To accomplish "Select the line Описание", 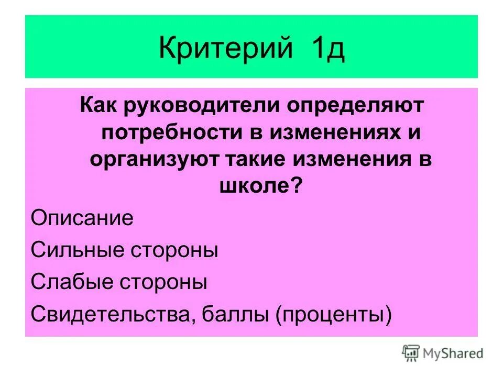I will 82,218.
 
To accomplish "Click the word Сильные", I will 76,250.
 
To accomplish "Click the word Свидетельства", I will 110,315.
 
